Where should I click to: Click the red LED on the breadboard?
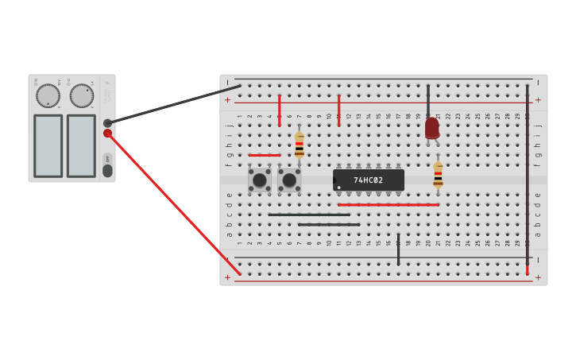tap(431, 128)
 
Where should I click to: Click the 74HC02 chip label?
tap(369, 180)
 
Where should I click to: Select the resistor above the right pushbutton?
tap(299, 145)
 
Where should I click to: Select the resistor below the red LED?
tap(438, 175)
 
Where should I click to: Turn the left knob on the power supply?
tap(48, 96)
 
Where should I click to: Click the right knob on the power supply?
tap(81, 96)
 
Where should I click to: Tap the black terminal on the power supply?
tap(107, 123)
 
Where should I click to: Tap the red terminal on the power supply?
tap(107, 134)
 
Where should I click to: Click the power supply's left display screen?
tap(48, 145)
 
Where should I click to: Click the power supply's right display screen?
tap(81, 145)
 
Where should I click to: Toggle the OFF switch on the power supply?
tap(107, 170)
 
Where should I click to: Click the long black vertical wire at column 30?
tap(527, 175)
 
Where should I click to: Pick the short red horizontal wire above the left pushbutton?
tap(265, 155)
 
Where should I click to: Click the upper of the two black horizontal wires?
tap(308, 215)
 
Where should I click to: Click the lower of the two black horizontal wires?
tap(329, 225)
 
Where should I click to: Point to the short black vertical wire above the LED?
tap(428, 99)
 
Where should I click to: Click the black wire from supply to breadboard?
tap(175, 104)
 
